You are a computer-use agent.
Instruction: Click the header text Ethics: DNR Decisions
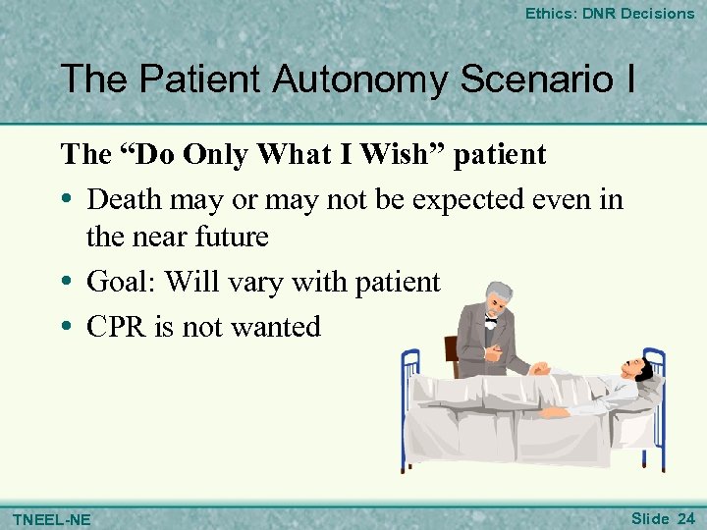point(610,14)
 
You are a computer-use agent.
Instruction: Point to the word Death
point(129,199)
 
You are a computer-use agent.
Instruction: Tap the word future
point(230,237)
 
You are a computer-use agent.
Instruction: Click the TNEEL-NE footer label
point(51,518)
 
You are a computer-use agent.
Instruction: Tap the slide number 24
point(685,517)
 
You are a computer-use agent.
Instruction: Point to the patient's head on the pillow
point(638,372)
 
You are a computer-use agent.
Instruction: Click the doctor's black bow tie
point(491,321)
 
